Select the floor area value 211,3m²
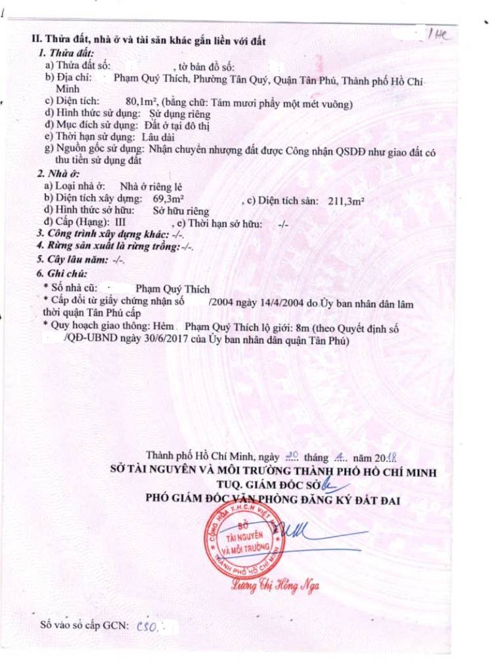[x=346, y=201]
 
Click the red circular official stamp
[x=247, y=542]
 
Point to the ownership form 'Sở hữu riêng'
[x=181, y=211]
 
